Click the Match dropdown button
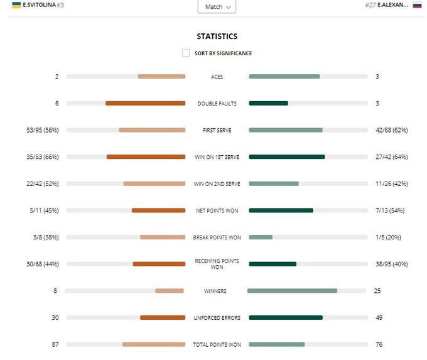point(217,7)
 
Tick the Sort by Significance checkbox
point(186,53)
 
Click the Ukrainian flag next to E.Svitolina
point(16,5)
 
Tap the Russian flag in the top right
point(417,5)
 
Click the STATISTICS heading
point(217,36)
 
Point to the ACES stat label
point(217,77)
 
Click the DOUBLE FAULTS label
point(217,104)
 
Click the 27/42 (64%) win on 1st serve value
point(391,157)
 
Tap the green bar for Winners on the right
point(292,291)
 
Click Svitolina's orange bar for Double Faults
point(145,103)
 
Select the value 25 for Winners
point(377,291)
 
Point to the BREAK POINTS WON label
point(217,237)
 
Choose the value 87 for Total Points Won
point(55,344)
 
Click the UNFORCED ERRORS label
point(217,318)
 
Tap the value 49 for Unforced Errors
point(378,318)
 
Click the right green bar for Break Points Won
point(261,237)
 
